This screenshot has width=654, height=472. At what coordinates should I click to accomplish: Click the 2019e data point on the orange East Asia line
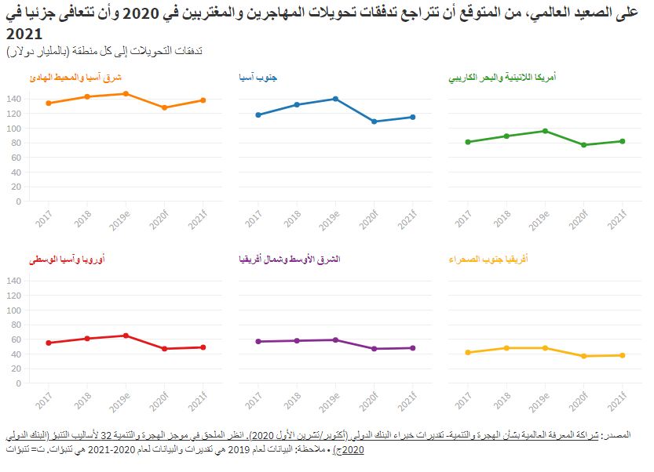[x=126, y=93]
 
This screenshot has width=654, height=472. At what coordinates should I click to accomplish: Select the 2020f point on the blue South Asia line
[x=374, y=122]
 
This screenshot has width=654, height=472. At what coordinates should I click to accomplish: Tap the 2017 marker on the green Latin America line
[x=467, y=142]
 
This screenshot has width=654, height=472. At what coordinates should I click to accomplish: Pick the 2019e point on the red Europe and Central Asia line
[x=126, y=336]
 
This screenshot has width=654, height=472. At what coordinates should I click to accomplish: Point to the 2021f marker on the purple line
[x=412, y=348]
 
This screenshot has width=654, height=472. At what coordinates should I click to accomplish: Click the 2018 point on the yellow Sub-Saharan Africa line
[x=506, y=348]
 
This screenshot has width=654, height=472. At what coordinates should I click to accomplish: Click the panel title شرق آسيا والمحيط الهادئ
[x=75, y=78]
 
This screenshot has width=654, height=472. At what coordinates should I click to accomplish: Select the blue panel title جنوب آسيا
[x=258, y=78]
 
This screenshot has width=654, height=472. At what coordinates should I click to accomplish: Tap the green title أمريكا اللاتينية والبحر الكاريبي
[x=502, y=78]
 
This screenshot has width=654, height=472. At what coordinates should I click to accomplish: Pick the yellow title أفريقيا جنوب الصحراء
[x=488, y=259]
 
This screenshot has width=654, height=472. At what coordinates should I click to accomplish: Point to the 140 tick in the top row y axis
[x=13, y=99]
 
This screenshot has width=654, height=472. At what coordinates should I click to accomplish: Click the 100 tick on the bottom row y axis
[x=13, y=310]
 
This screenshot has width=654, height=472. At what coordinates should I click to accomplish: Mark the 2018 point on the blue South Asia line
[x=297, y=104]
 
